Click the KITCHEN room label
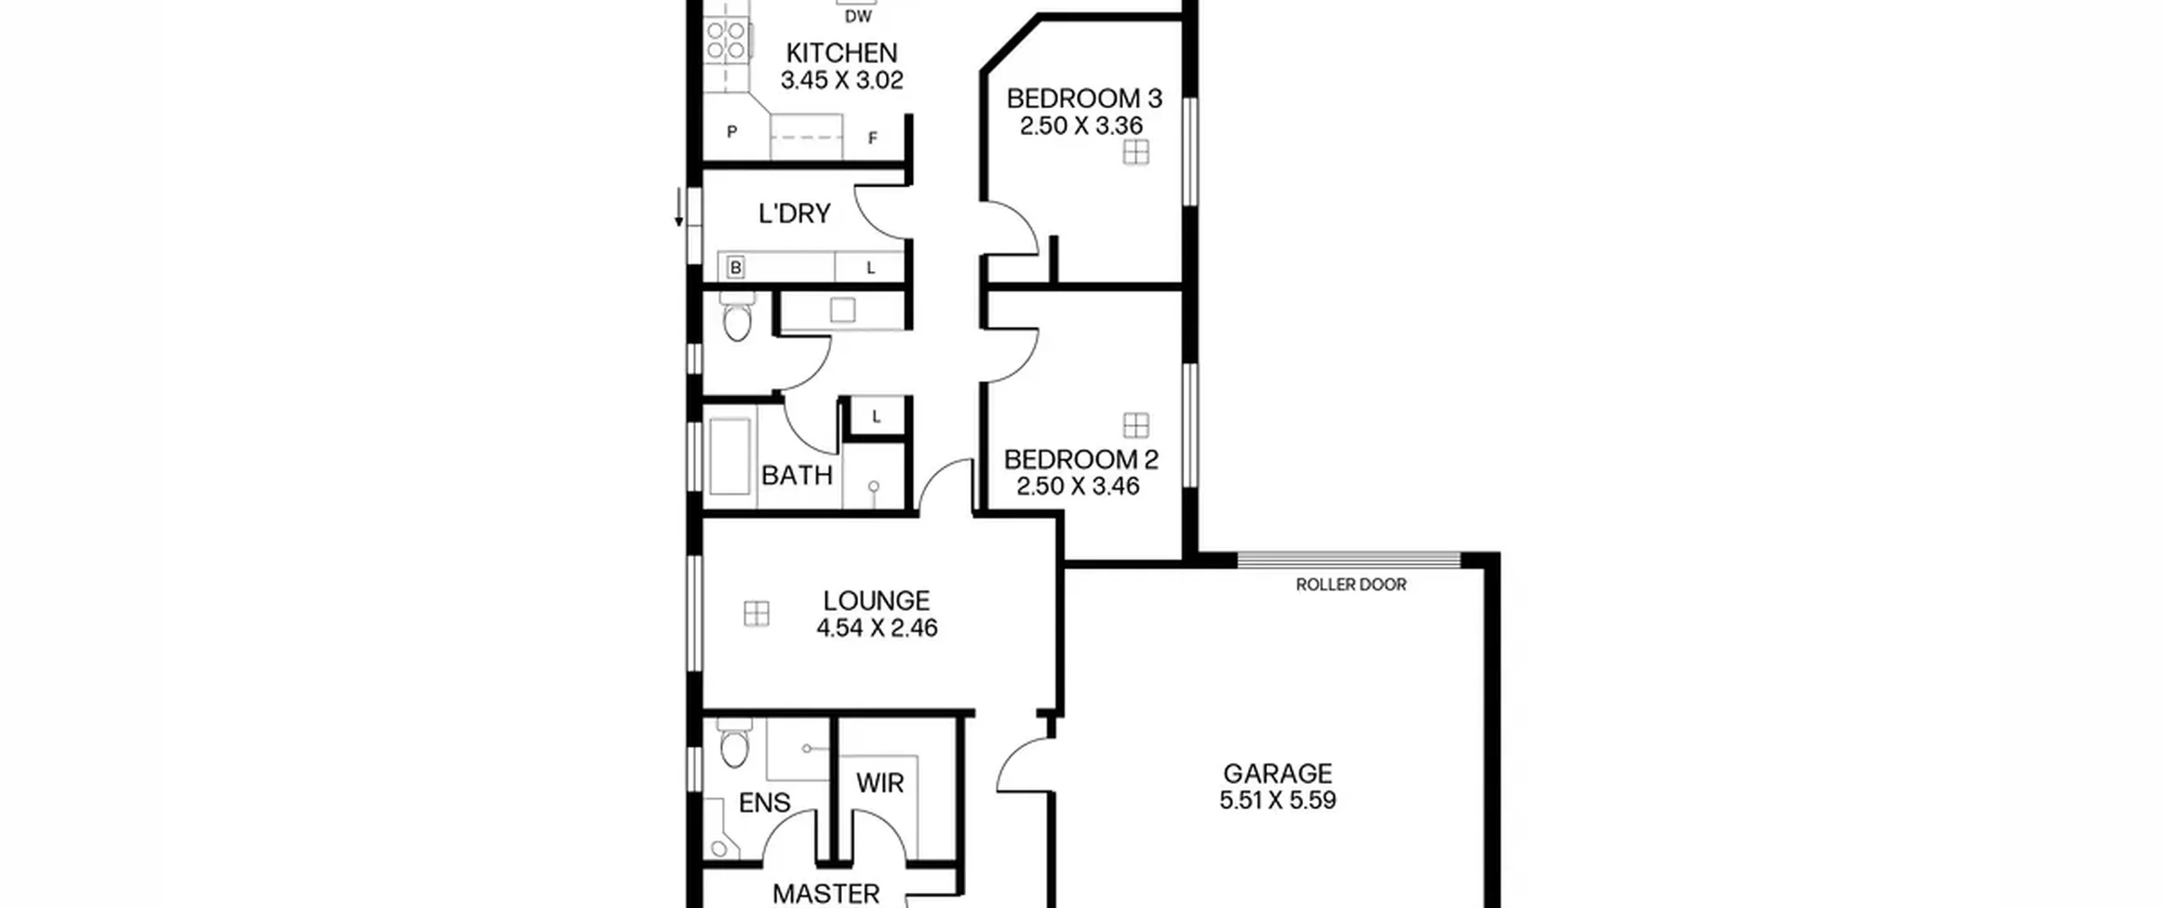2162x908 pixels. pyautogui.click(x=841, y=53)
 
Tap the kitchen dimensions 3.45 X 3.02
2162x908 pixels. pyautogui.click(x=841, y=80)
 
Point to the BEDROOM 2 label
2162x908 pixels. pyautogui.click(x=1081, y=459)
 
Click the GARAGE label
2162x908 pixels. pyautogui.click(x=1278, y=773)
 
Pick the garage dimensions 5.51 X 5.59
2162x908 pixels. pyautogui.click(x=1278, y=800)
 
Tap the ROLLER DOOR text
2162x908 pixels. pyautogui.click(x=1351, y=584)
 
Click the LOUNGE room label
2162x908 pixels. pyautogui.click(x=877, y=601)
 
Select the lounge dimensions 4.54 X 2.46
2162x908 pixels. pyautogui.click(x=877, y=628)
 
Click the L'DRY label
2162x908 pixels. pyautogui.click(x=794, y=214)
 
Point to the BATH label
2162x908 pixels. pyautogui.click(x=796, y=476)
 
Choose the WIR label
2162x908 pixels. pyautogui.click(x=880, y=783)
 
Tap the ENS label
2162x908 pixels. pyautogui.click(x=764, y=802)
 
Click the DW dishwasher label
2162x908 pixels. pyautogui.click(x=858, y=17)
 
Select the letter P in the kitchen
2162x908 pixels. pyautogui.click(x=732, y=132)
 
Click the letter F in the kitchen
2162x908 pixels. pyautogui.click(x=873, y=138)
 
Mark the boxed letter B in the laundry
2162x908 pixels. pyautogui.click(x=736, y=268)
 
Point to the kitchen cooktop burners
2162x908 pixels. pyautogui.click(x=726, y=41)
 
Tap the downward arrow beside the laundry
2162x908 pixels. pyautogui.click(x=678, y=209)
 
